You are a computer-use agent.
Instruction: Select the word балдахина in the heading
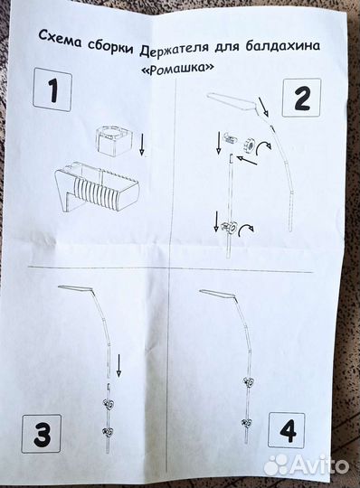[282, 46]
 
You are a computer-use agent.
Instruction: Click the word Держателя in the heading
[174, 48]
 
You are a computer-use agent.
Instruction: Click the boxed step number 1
[52, 90]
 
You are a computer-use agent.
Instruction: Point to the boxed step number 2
[301, 98]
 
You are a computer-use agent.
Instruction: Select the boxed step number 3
[41, 434]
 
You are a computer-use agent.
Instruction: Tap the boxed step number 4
[287, 432]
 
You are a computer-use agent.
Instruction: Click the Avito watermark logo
[305, 465]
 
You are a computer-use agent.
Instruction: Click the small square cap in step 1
[114, 140]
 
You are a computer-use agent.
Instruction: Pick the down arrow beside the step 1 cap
[142, 143]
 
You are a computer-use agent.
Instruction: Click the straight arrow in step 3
[118, 365]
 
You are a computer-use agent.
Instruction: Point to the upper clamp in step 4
[248, 381]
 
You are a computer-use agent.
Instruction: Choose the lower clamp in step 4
[248, 422]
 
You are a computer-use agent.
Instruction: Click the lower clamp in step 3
[109, 432]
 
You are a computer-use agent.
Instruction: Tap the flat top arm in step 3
[76, 288]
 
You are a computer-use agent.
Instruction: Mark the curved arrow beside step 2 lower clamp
[246, 230]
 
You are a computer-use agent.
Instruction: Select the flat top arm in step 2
[233, 101]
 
